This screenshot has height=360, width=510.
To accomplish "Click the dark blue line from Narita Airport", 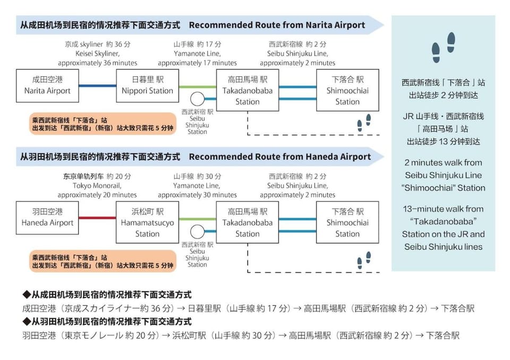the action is click(x=98, y=86).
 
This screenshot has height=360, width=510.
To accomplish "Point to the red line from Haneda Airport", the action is click(x=98, y=218).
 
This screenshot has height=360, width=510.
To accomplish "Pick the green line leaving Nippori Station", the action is click(x=198, y=87).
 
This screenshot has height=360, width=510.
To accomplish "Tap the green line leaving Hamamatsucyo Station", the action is click(x=198, y=219).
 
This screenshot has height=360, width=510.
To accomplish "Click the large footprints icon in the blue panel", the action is click(x=443, y=47).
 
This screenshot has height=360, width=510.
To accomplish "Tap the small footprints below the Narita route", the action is click(x=364, y=123).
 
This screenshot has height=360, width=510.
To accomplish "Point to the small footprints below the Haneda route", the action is click(x=364, y=260).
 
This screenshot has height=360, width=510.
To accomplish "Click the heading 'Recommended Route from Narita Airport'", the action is click(x=277, y=25).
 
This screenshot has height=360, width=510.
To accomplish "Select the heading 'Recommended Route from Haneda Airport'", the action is click(x=280, y=157).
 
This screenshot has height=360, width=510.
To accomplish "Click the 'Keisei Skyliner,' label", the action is click(x=98, y=53).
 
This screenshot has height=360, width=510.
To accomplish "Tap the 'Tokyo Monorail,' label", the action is click(x=97, y=186).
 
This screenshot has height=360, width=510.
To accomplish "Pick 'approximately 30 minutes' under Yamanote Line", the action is click(x=198, y=195).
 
